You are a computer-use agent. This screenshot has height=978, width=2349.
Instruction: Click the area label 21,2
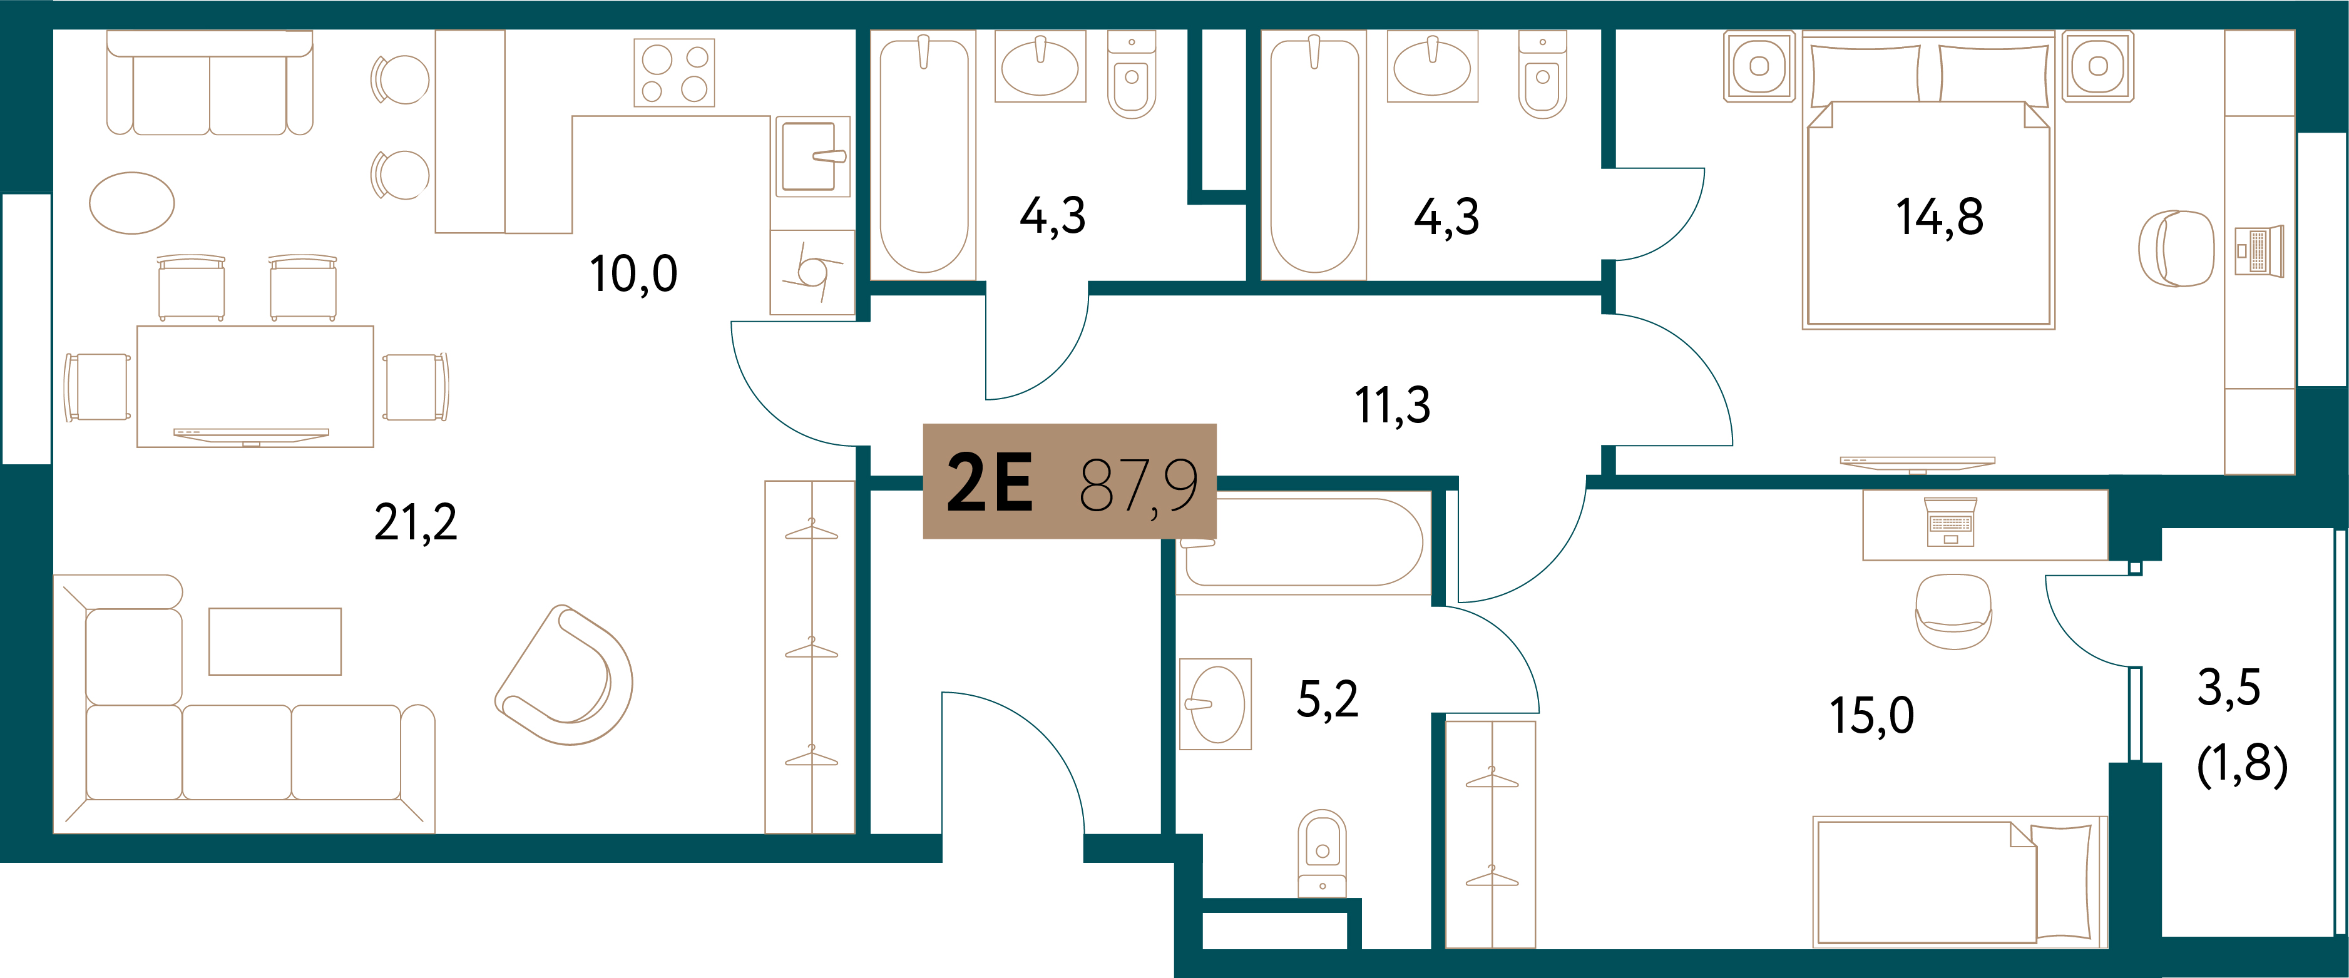[416, 523]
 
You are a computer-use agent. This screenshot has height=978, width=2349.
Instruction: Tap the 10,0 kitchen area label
[634, 273]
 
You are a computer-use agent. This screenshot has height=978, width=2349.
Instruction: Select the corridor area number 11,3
[1393, 405]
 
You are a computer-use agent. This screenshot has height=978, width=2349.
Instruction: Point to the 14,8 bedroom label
[1940, 218]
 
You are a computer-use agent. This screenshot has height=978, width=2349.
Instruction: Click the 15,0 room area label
[1872, 715]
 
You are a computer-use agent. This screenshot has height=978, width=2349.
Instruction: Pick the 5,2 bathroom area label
[1328, 699]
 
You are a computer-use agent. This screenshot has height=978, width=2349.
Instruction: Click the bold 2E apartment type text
[990, 482]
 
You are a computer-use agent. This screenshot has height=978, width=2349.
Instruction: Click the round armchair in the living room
[565, 675]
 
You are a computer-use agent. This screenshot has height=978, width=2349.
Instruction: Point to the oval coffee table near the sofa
[131, 202]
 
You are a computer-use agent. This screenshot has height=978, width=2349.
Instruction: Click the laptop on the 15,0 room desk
[1950, 522]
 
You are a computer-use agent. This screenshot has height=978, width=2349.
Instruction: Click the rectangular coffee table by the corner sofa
[275, 641]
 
